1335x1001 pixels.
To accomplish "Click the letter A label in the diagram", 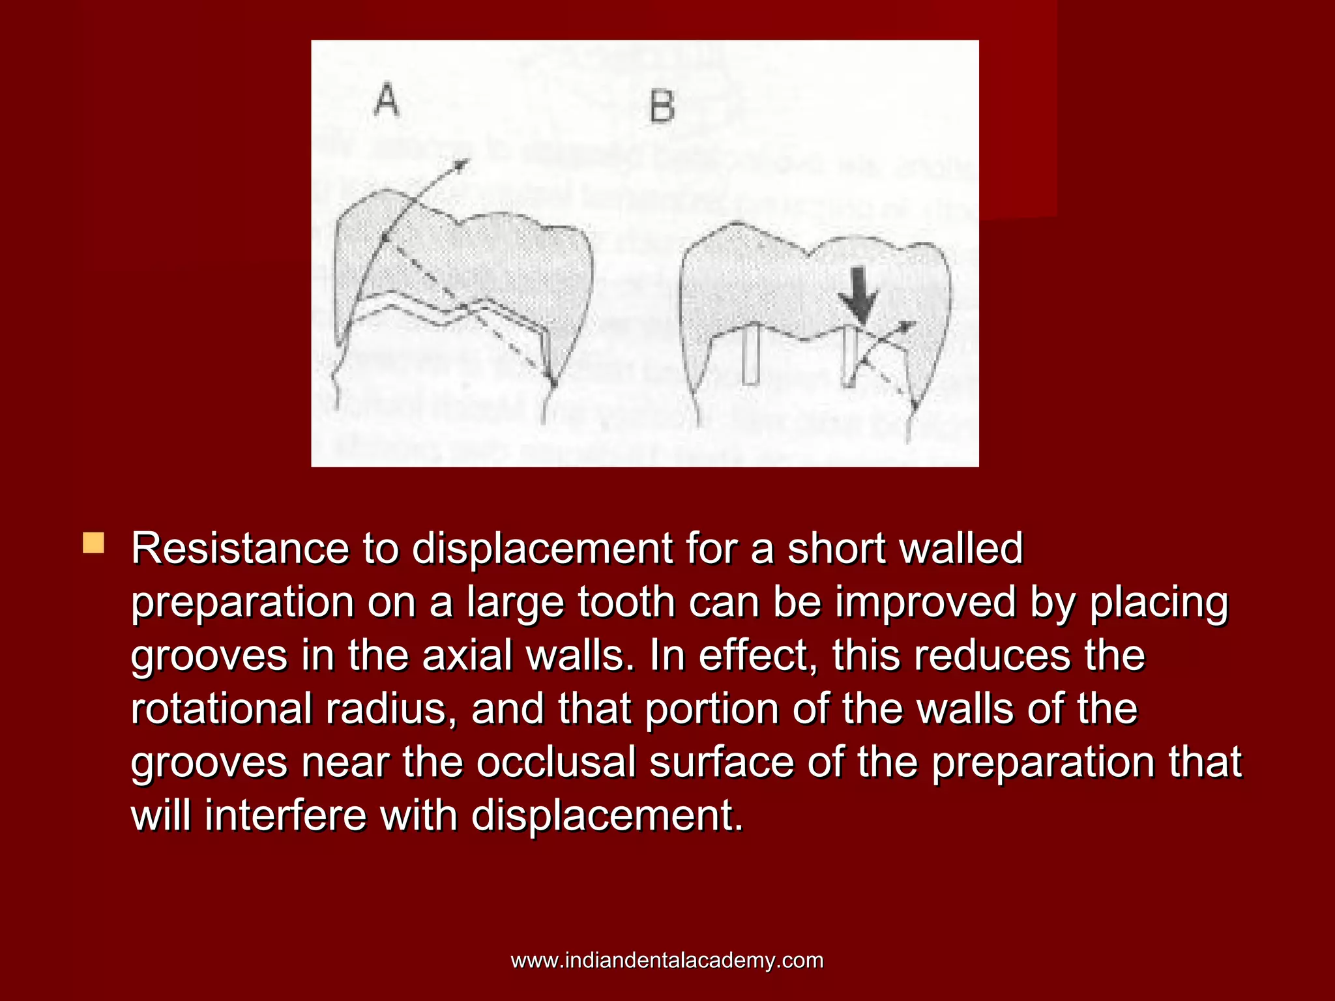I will click(x=386, y=100).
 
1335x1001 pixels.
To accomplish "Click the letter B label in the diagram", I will click(x=662, y=108).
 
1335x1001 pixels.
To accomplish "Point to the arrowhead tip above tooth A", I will click(x=464, y=161).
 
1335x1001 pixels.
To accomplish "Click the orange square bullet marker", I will click(x=93, y=543).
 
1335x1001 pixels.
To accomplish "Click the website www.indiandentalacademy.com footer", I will click(x=667, y=960).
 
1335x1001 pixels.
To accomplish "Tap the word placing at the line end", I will click(x=1159, y=603).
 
